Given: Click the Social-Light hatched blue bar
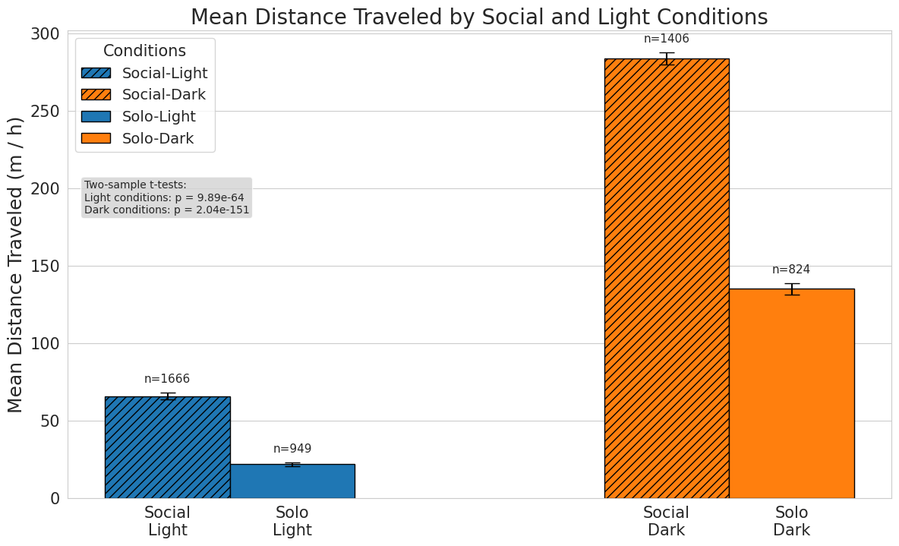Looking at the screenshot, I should click(x=167, y=447).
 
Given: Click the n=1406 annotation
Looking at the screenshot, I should click(x=667, y=39).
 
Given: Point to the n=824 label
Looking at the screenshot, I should click(x=791, y=270).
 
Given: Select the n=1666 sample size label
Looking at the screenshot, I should click(x=167, y=379).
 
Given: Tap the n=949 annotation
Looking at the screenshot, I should click(x=292, y=449).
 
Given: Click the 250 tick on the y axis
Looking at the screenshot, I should click(x=45, y=112).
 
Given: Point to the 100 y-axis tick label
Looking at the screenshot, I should click(x=45, y=344).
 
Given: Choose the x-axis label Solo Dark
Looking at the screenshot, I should click(x=791, y=521).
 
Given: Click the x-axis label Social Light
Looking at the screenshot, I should click(x=167, y=521).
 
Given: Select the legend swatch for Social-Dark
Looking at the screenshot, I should click(x=96, y=95).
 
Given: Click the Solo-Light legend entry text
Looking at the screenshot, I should click(x=159, y=117).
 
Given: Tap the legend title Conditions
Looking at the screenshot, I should click(x=144, y=51).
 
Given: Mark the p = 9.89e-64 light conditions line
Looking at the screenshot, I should click(x=164, y=197).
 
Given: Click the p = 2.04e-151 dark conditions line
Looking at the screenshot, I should click(x=166, y=210).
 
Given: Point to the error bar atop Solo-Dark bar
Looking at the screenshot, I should click(x=791, y=289).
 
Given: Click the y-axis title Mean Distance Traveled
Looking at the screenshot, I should click(x=16, y=265).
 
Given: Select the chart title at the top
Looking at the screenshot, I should click(x=479, y=17).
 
